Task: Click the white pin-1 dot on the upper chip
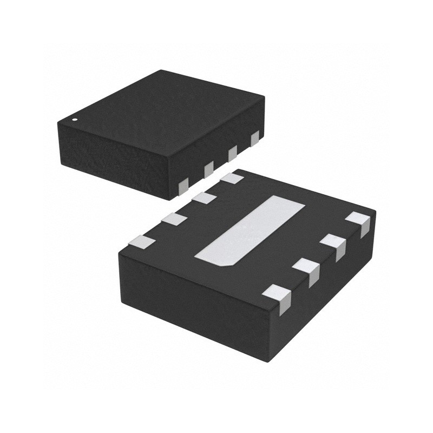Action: tap(75, 119)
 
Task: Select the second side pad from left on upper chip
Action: tap(208, 170)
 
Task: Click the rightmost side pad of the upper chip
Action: tap(254, 139)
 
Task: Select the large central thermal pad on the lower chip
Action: tap(252, 230)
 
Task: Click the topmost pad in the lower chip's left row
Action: tap(232, 177)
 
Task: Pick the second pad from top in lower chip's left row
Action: tap(204, 198)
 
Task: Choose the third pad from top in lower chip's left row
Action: tap(173, 220)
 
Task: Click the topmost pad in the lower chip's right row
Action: tap(359, 222)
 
